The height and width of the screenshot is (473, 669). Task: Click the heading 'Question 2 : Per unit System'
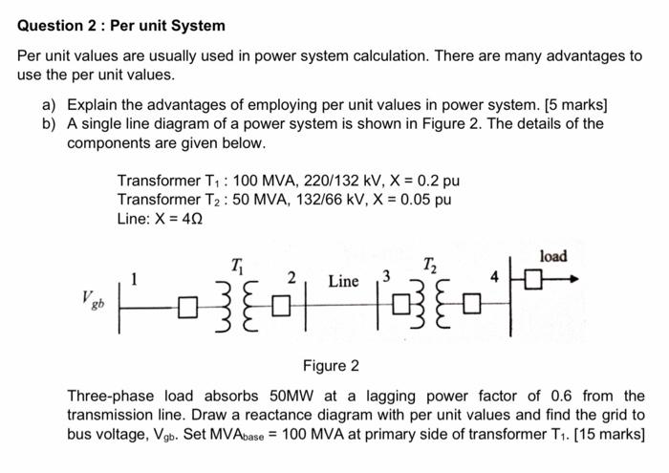coord(121,26)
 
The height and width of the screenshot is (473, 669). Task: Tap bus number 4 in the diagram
coord(495,278)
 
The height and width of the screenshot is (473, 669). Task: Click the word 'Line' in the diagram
coord(343,281)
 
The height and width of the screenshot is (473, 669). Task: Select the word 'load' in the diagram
coord(553,256)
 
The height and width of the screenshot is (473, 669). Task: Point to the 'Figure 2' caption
coord(331,365)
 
